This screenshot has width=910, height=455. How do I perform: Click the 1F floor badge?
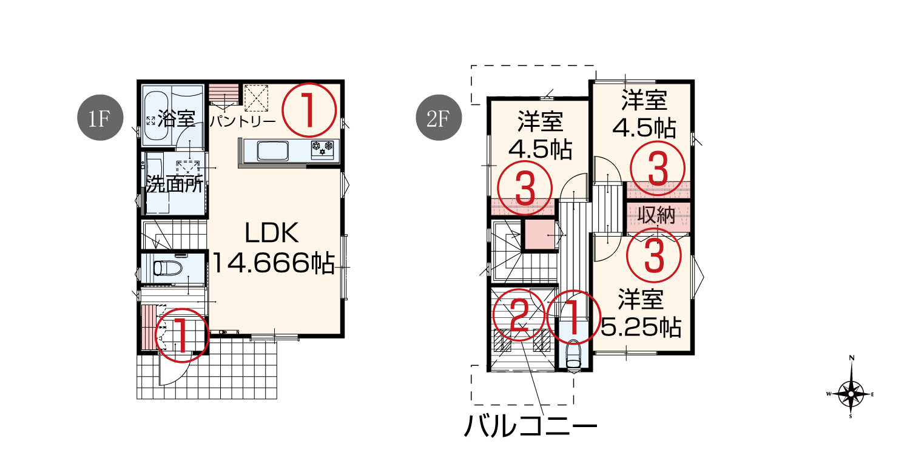click(100, 118)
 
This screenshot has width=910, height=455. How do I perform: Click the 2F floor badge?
click(439, 118)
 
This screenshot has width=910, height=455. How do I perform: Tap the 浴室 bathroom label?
click(176, 119)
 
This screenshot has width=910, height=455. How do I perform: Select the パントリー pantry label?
click(243, 121)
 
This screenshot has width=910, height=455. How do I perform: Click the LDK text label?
click(272, 233)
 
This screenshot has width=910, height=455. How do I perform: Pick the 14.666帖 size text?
click(274, 263)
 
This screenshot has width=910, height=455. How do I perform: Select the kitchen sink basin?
click(272, 151)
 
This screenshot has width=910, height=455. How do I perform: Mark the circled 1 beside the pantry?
click(309, 110)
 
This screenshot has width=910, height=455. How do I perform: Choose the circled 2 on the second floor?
click(519, 315)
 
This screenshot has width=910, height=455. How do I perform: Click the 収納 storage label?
click(656, 215)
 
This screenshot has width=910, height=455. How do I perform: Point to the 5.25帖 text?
click(641, 327)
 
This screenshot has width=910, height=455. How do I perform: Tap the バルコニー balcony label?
click(531, 426)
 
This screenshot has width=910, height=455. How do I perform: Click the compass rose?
click(851, 394)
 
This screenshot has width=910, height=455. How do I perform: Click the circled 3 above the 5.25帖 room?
click(653, 255)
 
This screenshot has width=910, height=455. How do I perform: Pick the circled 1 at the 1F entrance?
click(183, 335)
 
